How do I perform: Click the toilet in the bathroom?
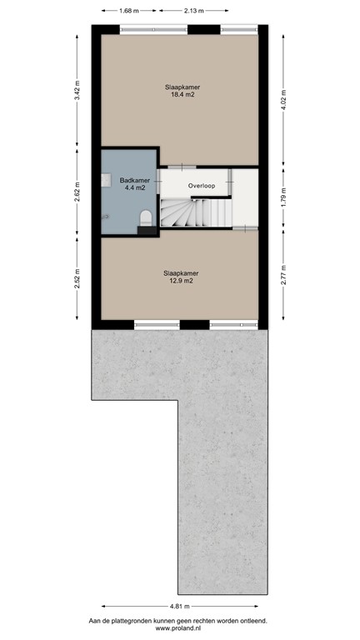coord(146,217)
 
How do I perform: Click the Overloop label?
coord(202,185)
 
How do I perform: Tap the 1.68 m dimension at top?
coord(128,11)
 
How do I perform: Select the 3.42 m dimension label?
coord(77,90)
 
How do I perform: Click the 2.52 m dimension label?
coord(77,277)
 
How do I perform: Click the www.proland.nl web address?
coord(180,628)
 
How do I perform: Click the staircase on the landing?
coord(196,212)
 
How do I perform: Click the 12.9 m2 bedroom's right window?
coord(234,324)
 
